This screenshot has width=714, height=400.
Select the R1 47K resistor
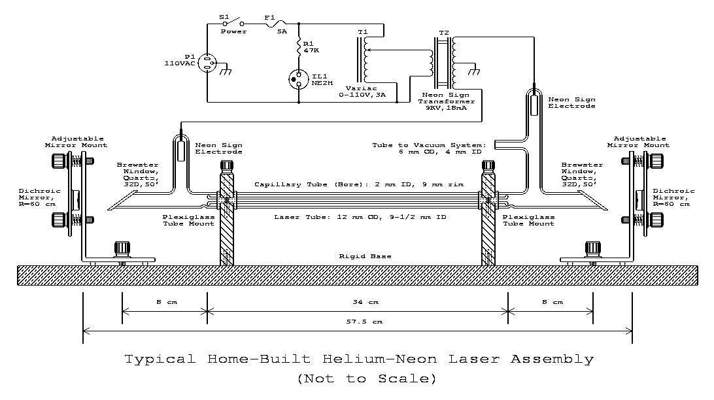299,47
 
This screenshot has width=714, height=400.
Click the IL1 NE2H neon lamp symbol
299,79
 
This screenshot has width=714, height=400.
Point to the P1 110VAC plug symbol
207,63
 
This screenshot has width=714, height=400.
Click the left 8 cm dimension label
164,302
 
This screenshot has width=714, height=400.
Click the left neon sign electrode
179,149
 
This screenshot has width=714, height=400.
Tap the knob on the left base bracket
122,249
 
